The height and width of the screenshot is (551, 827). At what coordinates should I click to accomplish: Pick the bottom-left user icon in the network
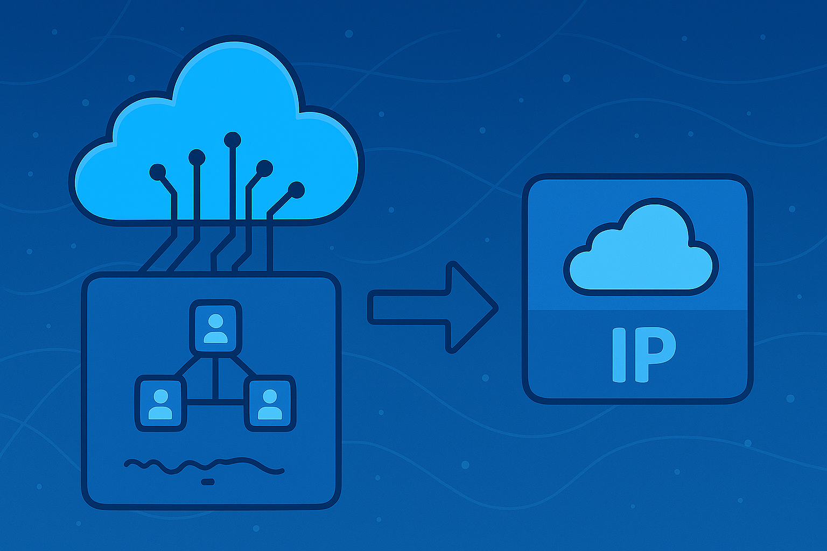[160, 404]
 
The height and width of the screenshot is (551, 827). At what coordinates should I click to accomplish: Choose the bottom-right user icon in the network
[270, 404]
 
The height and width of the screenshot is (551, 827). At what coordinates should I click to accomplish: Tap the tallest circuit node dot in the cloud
[233, 139]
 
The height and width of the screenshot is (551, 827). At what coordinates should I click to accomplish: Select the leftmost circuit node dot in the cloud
[158, 172]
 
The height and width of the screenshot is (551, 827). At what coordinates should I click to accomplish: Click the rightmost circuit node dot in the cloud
[296, 189]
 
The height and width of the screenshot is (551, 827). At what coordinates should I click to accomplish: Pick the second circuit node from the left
[197, 157]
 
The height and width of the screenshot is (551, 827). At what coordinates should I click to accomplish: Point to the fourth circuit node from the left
[264, 168]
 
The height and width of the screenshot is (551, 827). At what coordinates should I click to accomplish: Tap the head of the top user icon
[215, 321]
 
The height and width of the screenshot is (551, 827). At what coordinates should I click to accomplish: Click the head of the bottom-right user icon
[270, 397]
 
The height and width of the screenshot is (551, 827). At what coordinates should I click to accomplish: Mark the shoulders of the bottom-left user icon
[160, 413]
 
